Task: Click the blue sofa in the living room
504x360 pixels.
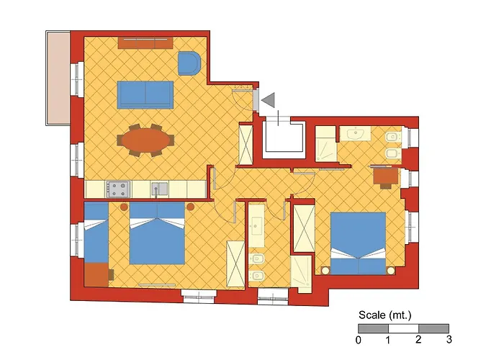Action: tap(145, 95)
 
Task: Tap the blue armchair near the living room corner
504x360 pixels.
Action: tap(189, 63)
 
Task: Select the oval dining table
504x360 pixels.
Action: tap(145, 140)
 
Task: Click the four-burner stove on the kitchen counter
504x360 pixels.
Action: tap(119, 189)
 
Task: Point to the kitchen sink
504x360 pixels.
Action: tap(160, 189)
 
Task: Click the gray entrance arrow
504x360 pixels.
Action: tap(268, 100)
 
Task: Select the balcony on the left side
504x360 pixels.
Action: tap(58, 78)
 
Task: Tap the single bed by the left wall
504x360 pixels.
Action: tap(96, 233)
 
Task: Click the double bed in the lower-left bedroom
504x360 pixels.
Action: tap(157, 233)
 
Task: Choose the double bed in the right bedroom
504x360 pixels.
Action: tap(358, 243)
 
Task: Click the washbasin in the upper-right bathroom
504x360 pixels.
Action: tap(356, 133)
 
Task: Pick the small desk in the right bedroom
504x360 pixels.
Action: tap(386, 177)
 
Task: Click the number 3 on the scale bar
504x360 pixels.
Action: tap(449, 339)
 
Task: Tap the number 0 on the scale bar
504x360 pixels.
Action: tap(359, 340)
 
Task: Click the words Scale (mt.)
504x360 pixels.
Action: tap(384, 315)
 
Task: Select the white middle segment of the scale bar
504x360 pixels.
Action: tap(403, 328)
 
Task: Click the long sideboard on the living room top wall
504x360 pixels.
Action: tap(145, 42)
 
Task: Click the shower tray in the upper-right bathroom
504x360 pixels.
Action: tap(325, 144)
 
